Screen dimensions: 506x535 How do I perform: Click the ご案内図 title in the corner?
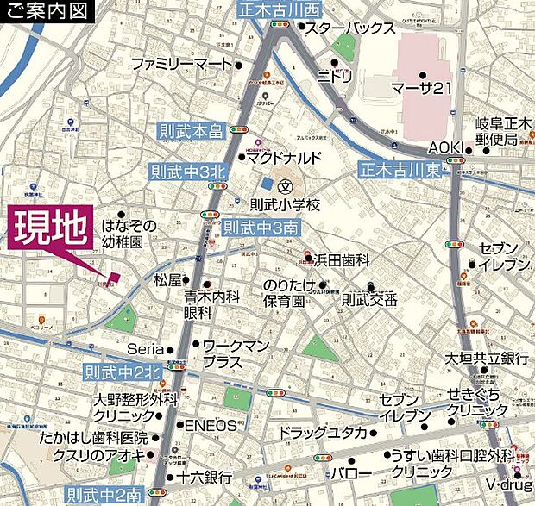click(x=46, y=11)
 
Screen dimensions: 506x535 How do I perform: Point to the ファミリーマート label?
click(x=181, y=64)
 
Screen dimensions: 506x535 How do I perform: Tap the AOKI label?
click(x=446, y=146)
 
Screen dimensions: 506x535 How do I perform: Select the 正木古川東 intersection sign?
click(x=400, y=170)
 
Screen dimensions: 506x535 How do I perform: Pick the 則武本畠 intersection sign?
click(x=191, y=131)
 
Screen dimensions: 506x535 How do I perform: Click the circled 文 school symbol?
click(x=286, y=185)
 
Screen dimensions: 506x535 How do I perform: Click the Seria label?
click(x=145, y=349)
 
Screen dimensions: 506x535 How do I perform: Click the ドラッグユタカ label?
click(x=323, y=433)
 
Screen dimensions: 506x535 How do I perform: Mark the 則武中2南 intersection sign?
click(x=104, y=495)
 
